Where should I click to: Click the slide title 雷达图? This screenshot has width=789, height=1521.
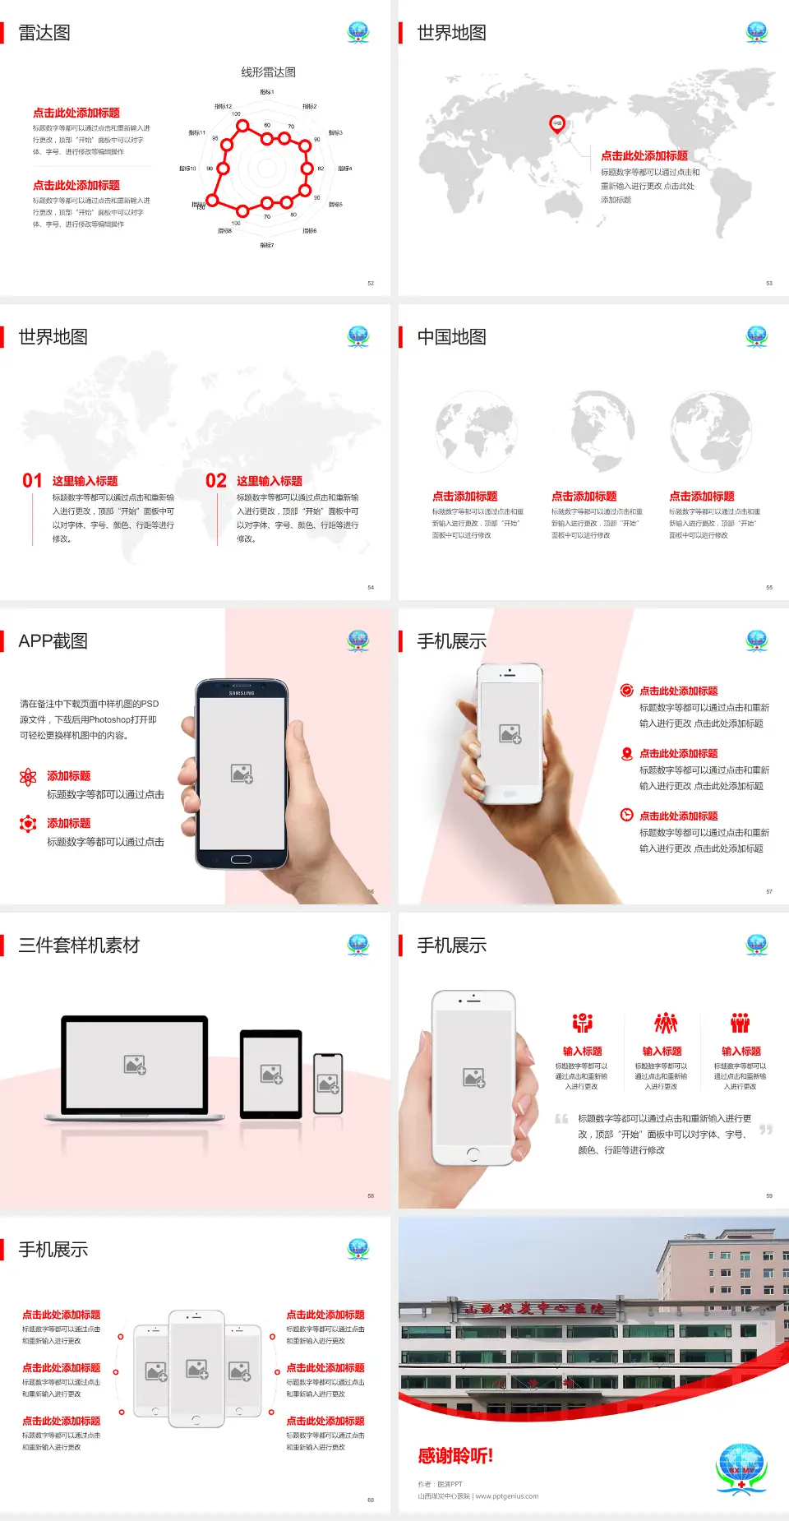[44, 33]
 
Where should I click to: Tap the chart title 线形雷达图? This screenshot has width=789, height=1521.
[268, 72]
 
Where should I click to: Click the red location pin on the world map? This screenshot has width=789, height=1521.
[557, 123]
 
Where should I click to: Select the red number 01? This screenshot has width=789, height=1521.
[32, 481]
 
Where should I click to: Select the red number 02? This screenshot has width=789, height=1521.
[216, 481]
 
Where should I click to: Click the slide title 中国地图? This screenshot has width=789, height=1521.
[451, 337]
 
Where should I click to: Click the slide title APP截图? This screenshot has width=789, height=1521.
[53, 641]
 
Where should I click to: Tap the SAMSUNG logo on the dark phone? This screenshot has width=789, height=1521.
[242, 693]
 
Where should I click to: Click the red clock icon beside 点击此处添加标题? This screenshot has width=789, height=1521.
[626, 815]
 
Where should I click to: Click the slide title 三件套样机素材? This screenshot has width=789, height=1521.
[79, 945]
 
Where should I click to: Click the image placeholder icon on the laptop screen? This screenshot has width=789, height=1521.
[135, 1065]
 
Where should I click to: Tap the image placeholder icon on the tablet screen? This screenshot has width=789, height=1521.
[271, 1074]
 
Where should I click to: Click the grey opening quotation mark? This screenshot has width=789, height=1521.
[561, 1119]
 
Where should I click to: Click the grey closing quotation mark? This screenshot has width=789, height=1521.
[766, 1130]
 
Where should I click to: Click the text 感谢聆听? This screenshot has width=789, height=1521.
[455, 1456]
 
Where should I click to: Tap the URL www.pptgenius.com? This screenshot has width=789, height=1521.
[506, 1496]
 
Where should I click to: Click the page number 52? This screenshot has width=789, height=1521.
[371, 283]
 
